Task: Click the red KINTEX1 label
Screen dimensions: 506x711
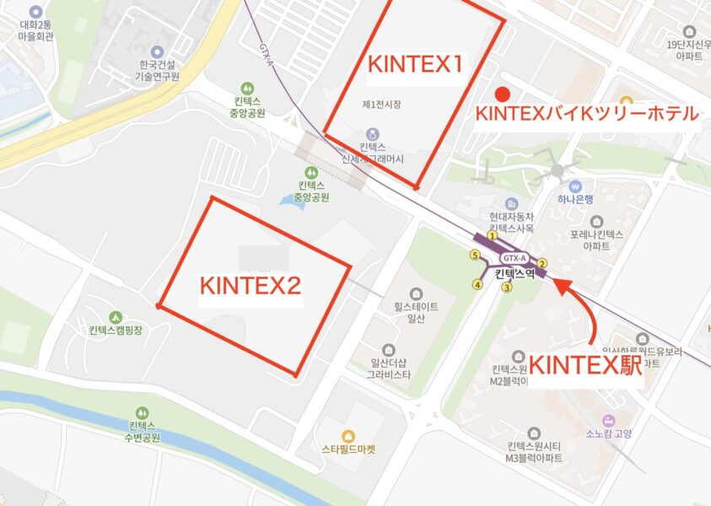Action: tap(414, 64)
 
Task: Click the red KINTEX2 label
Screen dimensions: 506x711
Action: tap(250, 285)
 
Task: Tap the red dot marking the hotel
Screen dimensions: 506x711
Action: tap(502, 93)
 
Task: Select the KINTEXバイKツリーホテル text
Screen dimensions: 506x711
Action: tap(587, 114)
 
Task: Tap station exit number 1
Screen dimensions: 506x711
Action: tap(492, 236)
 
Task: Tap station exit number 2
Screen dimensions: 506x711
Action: tap(543, 263)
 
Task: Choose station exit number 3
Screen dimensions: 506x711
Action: tap(507, 287)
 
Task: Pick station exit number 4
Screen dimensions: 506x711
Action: tap(477, 285)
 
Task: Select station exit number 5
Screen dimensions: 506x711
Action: tap(474, 255)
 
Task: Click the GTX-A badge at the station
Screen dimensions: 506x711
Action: tap(514, 257)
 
